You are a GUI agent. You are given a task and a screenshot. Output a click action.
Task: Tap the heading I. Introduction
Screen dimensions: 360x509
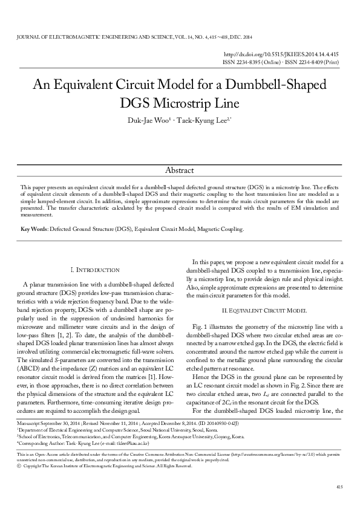(95, 269)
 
